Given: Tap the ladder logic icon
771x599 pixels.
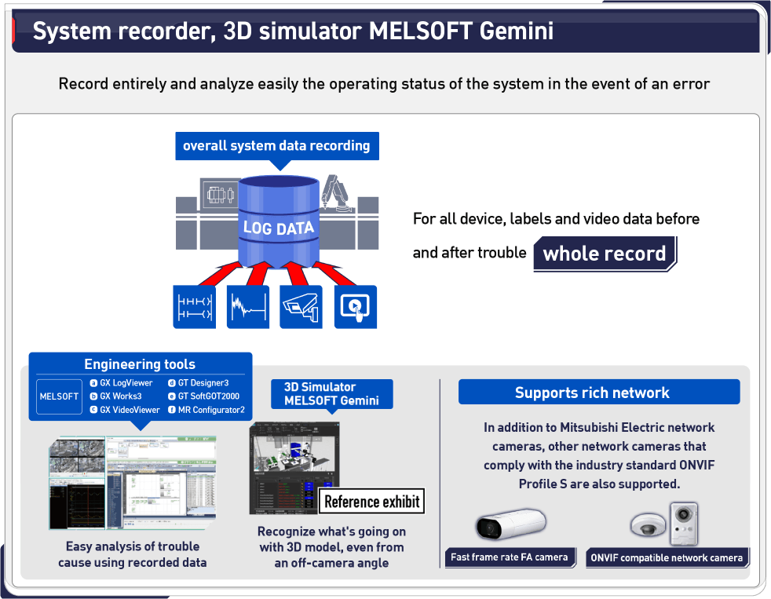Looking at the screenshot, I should (x=194, y=306).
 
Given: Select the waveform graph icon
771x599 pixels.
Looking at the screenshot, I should (x=248, y=306).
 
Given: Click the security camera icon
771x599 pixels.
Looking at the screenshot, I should (x=301, y=306).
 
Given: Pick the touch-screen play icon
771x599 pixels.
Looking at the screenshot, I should (x=356, y=306).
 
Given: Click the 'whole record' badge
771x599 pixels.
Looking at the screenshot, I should (x=604, y=254).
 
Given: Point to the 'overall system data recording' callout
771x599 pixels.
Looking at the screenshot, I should (x=276, y=146).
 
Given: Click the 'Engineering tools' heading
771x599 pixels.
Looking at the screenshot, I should (x=140, y=364).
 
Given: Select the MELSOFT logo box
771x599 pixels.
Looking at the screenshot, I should (x=60, y=396).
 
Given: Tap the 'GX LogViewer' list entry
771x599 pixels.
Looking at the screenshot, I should (x=126, y=383).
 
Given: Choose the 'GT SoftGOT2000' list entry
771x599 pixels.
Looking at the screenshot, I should (x=208, y=396).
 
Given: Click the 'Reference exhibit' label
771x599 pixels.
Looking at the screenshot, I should (x=372, y=502).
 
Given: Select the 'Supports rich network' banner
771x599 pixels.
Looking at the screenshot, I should (x=592, y=393).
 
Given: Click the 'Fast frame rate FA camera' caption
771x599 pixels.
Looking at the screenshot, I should (x=509, y=557).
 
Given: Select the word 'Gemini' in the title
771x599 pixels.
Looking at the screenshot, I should (x=517, y=31).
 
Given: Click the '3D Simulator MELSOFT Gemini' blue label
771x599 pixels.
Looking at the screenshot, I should (x=331, y=393).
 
